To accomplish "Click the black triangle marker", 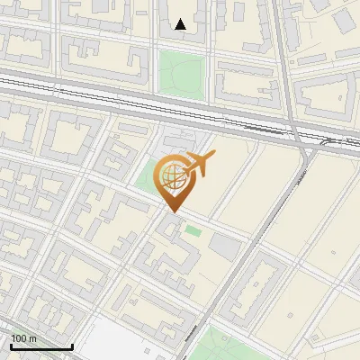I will (x=181, y=24).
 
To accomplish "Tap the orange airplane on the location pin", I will (x=200, y=164).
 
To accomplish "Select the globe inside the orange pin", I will (x=171, y=177).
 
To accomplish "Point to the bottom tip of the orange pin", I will (x=171, y=212).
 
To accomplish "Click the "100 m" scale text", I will (x=24, y=338).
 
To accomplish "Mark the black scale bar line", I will (x=40, y=346).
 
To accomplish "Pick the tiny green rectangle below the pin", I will (x=193, y=232).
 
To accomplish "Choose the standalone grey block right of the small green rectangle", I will (x=224, y=245).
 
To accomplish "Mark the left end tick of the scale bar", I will (x=10, y=345).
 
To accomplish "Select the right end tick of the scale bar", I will (x=72, y=345).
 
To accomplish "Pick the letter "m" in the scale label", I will (x=34, y=338).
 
